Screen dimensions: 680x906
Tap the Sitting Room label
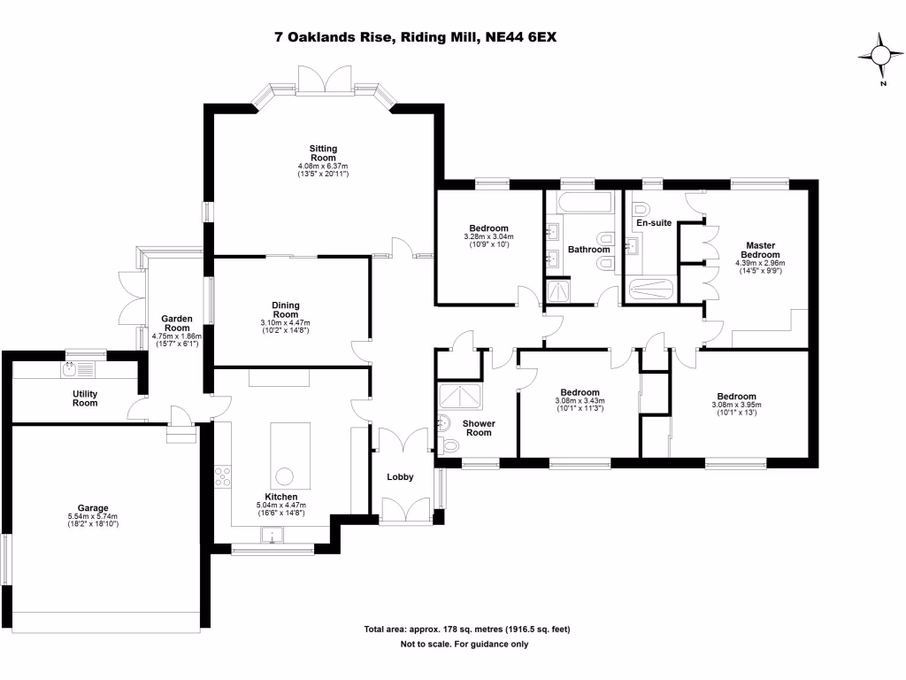click(323, 153)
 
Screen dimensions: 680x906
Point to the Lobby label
click(400, 477)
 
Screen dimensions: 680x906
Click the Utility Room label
click(85, 398)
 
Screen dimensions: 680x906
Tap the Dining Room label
click(285, 310)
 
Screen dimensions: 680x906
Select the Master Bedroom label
click(760, 250)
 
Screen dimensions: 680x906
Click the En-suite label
click(655, 223)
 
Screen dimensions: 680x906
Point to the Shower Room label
click(479, 428)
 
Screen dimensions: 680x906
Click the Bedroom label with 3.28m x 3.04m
click(489, 228)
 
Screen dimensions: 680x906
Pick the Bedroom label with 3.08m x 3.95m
click(736, 397)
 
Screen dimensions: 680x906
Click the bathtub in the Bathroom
click(584, 203)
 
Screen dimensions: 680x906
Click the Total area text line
click(466, 630)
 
